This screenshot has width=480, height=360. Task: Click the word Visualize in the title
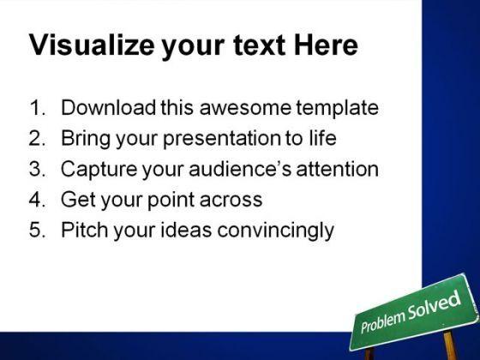coord(92,45)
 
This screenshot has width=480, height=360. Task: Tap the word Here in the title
coord(326,45)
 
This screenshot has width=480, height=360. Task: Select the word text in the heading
coord(259,46)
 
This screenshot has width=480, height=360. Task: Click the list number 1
coord(38,108)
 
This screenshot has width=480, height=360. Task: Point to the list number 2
coord(38,138)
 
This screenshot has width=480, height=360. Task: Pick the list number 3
coord(38,169)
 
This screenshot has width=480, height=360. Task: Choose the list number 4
coord(38,199)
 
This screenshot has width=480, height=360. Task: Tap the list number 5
coord(38,230)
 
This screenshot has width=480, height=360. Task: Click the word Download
coord(108,107)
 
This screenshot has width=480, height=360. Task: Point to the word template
coord(338,109)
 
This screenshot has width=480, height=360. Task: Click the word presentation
coord(222,139)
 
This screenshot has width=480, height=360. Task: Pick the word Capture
coord(99,170)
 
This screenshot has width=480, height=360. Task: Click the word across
coord(231,201)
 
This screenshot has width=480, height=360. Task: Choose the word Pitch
coord(85,230)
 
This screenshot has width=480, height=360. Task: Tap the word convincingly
coord(275,231)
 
